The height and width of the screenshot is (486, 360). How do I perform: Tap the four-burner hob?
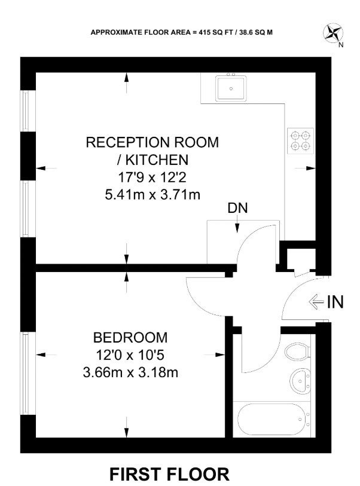[x=300, y=140]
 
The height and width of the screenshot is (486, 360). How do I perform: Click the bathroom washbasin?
[x=300, y=381]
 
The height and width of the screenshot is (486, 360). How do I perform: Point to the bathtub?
[x=271, y=420]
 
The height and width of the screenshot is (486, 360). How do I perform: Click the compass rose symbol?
[x=332, y=33]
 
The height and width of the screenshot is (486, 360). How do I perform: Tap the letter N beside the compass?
[x=341, y=45]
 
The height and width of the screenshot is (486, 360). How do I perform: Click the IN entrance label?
[x=335, y=301]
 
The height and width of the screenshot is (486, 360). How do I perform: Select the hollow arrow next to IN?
[x=316, y=301]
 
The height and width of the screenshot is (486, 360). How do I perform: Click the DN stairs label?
[x=237, y=208]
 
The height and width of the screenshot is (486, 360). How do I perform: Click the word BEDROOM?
[x=130, y=338]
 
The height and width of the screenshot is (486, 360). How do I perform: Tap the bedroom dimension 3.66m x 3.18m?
[x=130, y=372]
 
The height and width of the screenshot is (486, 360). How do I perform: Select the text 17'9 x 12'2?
[x=152, y=178]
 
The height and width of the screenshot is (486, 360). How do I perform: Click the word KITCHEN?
[x=157, y=160]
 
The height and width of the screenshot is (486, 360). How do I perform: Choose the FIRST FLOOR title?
[x=169, y=474]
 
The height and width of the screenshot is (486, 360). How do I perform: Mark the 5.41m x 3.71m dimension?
[x=152, y=195]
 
